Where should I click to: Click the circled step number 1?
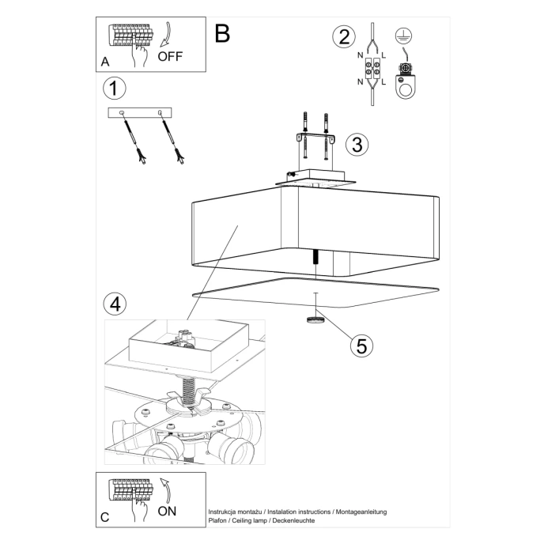tap(115, 88)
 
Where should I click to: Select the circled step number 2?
tap(342, 37)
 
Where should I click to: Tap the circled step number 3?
tap(357, 144)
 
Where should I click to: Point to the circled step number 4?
tap(115, 303)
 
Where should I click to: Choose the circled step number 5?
tap(361, 345)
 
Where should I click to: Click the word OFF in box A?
tap(171, 57)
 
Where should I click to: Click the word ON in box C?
tap(167, 511)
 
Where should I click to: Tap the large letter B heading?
tap(222, 33)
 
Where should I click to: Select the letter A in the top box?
tap(105, 62)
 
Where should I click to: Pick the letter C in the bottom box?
tap(105, 518)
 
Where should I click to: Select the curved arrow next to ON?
tap(164, 489)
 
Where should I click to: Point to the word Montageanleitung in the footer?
tap(361, 512)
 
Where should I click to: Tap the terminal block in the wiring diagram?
tap(372, 69)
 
